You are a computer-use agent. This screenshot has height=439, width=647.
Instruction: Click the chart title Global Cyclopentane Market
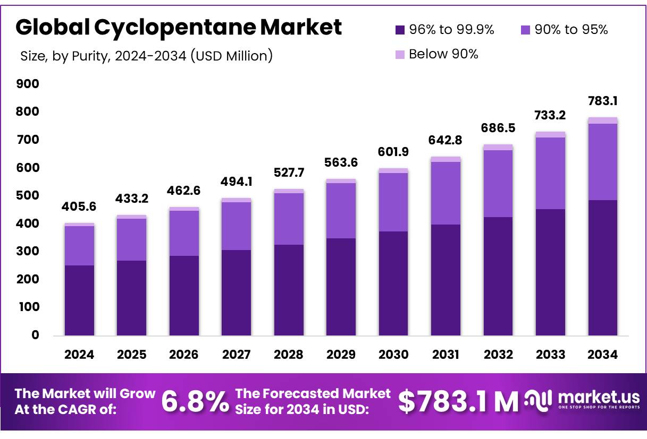(179, 28)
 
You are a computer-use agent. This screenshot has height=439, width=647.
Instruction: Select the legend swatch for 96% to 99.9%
(400, 30)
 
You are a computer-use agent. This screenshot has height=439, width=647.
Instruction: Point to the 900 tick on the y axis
(28, 84)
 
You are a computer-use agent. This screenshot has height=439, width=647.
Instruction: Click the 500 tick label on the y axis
(28, 196)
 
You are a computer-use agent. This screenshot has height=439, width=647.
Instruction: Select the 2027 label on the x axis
(236, 355)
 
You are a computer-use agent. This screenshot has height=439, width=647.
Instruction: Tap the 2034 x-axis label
(603, 355)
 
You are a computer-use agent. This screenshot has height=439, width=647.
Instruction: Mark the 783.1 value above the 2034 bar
(603, 101)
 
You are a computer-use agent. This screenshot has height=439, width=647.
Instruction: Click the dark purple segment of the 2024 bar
(79, 300)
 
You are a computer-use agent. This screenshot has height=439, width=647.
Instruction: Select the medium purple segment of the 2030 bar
(393, 202)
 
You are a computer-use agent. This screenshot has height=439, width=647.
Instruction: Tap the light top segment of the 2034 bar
(603, 120)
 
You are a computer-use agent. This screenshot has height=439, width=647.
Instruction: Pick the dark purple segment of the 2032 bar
(498, 276)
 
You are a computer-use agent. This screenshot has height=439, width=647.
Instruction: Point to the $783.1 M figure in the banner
(458, 401)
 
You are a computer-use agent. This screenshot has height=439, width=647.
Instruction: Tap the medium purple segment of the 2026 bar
(184, 233)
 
